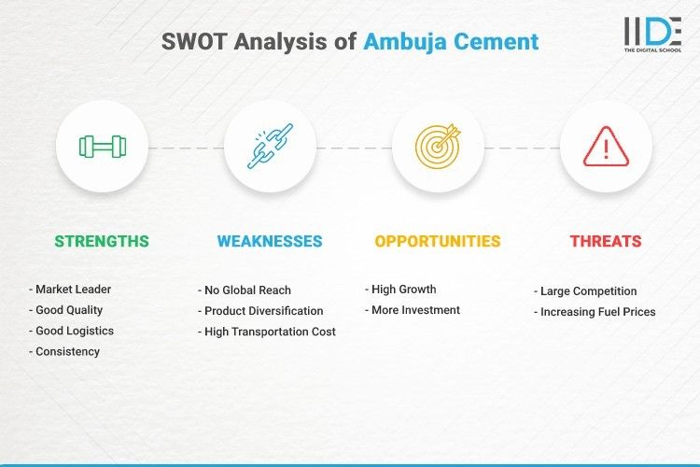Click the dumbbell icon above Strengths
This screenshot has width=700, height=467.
(102, 147)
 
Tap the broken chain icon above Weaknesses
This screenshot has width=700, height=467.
(270, 147)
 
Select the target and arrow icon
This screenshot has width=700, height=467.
(438, 147)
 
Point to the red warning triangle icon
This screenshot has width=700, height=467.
(606, 147)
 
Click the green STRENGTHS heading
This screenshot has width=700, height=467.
(102, 241)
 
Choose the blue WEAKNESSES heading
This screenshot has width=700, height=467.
(270, 241)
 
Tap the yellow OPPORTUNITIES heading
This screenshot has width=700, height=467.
(438, 241)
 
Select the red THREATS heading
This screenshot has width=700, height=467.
(606, 241)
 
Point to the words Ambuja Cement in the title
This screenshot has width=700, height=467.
(451, 41)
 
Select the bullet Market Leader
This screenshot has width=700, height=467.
(72, 290)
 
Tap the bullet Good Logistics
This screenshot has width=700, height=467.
(75, 331)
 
